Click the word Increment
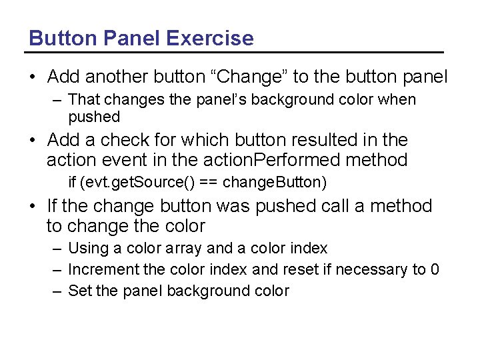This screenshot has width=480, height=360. point(100,269)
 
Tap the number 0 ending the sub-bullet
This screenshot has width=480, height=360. point(435,269)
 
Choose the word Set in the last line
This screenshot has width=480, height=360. point(80,291)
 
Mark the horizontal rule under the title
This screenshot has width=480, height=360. point(236,52)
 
